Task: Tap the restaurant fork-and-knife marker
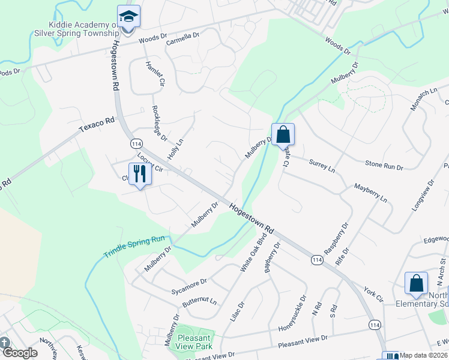pyautogui.click(x=140, y=174)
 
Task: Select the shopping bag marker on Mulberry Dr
pyautogui.click(x=283, y=134)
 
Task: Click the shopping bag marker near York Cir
pyautogui.click(x=416, y=283)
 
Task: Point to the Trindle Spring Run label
pyautogui.click(x=133, y=246)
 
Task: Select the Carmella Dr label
pyautogui.click(x=182, y=39)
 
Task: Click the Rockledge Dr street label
pyautogui.click(x=160, y=123)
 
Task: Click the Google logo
pyautogui.click(x=19, y=353)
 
